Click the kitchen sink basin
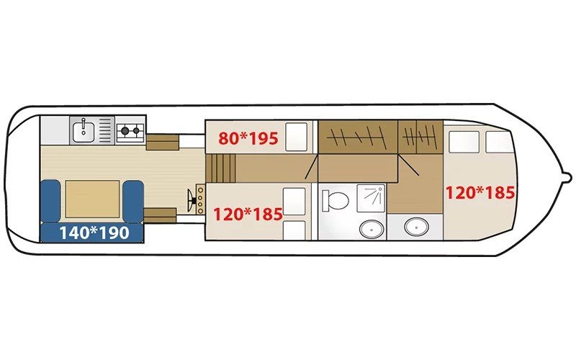point(84,132)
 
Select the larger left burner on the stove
point(125,130)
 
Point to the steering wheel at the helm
point(191,201)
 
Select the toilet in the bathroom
point(335,201)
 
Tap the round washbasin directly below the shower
point(371,229)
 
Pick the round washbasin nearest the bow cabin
point(416,227)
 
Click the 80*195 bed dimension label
point(248,138)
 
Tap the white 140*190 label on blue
point(94,233)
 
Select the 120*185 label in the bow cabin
point(480,192)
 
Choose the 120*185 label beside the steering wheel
point(248,214)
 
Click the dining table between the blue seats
point(92,199)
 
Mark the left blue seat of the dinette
point(50,201)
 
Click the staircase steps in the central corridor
point(221,168)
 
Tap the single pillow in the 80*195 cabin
point(296,137)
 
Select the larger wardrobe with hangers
point(358,136)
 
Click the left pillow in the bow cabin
point(464,142)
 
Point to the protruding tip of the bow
point(569,179)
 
